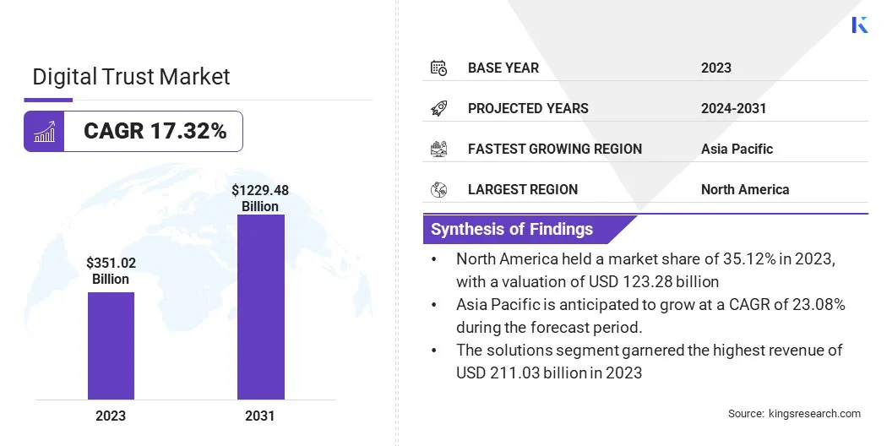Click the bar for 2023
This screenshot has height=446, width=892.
pos(111,345)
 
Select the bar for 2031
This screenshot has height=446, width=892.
pos(260,307)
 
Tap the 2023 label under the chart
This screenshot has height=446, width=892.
pos(111,416)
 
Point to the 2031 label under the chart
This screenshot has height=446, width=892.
pos(260,416)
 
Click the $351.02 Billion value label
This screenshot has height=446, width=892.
pos(111,271)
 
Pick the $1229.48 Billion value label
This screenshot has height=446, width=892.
pos(260,199)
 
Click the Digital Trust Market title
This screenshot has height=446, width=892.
pos(131,77)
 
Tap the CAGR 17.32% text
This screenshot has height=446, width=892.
pos(155,131)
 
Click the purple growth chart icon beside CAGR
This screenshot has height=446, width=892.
pos(44,131)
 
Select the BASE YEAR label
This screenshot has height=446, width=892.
pos(503,68)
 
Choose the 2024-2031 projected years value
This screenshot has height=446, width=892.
pos(733,108)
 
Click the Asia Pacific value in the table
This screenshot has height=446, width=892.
pos(737,149)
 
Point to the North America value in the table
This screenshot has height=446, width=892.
pos(744,189)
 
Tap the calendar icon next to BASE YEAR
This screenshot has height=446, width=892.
pos(438,68)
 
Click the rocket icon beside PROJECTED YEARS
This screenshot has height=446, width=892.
pos(438,108)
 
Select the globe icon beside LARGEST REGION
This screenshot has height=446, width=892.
pos(438,189)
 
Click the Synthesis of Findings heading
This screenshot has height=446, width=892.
pos(512,229)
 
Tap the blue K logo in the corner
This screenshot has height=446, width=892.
pos(859,24)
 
